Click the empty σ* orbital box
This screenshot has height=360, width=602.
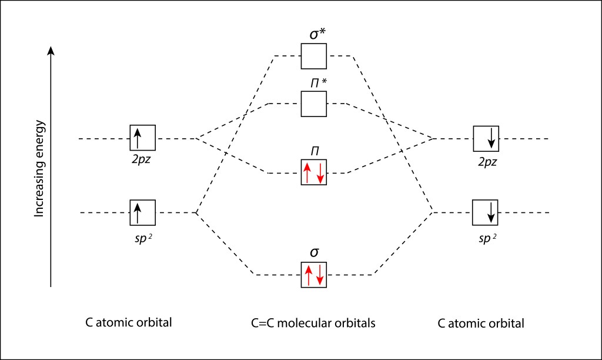(314, 56)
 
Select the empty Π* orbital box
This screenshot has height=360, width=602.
(314, 104)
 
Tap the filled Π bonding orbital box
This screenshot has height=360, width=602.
(314, 173)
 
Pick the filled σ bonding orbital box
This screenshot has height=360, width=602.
(314, 274)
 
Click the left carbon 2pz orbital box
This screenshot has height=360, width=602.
(143, 138)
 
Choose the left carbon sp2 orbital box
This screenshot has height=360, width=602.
(143, 212)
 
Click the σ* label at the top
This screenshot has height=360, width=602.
(318, 34)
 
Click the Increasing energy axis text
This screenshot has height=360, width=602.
(40, 168)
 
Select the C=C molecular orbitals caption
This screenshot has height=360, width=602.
(313, 323)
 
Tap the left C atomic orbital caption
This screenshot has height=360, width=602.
(128, 323)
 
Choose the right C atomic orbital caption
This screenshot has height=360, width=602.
(481, 324)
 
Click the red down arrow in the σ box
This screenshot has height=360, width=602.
(320, 274)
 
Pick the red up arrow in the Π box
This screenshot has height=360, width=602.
(307, 173)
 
